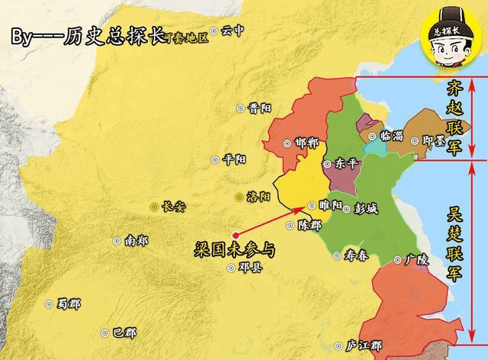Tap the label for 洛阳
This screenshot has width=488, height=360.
[259, 196]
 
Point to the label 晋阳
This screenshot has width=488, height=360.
[260, 108]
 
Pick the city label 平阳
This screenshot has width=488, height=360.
[234, 159]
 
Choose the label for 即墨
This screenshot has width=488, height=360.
[434, 141]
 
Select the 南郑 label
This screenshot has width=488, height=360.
[136, 240]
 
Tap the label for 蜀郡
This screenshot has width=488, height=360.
[69, 303]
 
